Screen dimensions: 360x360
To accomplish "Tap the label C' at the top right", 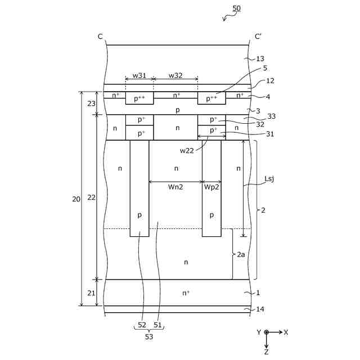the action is [259, 37].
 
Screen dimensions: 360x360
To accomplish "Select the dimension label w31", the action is [139, 75].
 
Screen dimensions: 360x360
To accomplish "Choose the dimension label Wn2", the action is [175, 187].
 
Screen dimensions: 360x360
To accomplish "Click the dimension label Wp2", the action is [211, 187].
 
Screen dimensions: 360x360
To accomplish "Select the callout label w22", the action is [188, 150].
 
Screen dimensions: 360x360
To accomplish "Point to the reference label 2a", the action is [241, 254].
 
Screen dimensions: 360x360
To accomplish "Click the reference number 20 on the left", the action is [76, 199].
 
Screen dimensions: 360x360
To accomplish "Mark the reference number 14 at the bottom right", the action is [260, 309].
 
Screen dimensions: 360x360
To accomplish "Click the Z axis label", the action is [266, 352].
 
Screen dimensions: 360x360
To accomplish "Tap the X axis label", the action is [286, 332].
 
